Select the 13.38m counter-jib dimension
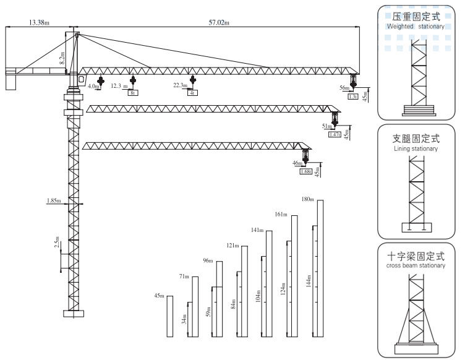click(39, 23)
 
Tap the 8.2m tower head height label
click(62, 58)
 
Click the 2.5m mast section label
click(57, 242)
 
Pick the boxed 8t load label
click(133, 93)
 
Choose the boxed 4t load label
click(193, 93)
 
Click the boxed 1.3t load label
click(354, 96)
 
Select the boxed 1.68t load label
click(305, 171)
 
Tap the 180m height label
click(307, 199)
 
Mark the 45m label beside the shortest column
click(160, 296)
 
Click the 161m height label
click(281, 214)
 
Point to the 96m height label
click(207, 260)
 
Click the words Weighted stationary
click(416, 27)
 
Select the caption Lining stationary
click(415, 149)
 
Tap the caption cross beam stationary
click(416, 265)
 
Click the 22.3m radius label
click(180, 85)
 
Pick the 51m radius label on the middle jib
click(326, 126)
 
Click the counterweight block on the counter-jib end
click(11, 81)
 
